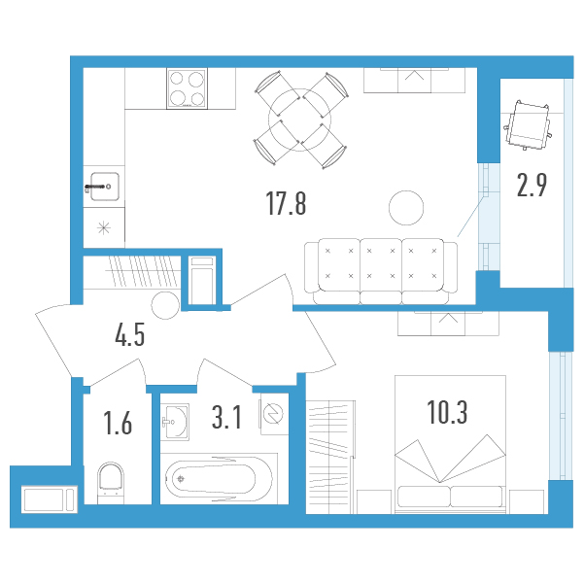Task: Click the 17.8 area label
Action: [286, 203]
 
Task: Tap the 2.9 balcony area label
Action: [532, 185]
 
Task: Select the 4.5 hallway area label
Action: [129, 334]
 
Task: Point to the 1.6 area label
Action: [118, 423]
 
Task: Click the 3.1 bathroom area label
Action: [226, 417]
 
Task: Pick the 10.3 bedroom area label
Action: [447, 412]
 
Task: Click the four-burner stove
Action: [187, 88]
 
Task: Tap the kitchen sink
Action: [105, 187]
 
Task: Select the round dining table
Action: [300, 120]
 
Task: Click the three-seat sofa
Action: [381, 271]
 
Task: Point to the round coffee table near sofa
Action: [406, 208]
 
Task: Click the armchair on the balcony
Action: [528, 124]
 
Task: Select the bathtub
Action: [219, 479]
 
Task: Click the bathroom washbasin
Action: [175, 422]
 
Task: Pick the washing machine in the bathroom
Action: [274, 414]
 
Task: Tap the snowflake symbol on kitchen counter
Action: [104, 227]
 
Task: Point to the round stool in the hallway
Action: [165, 305]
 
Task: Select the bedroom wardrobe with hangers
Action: [330, 458]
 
